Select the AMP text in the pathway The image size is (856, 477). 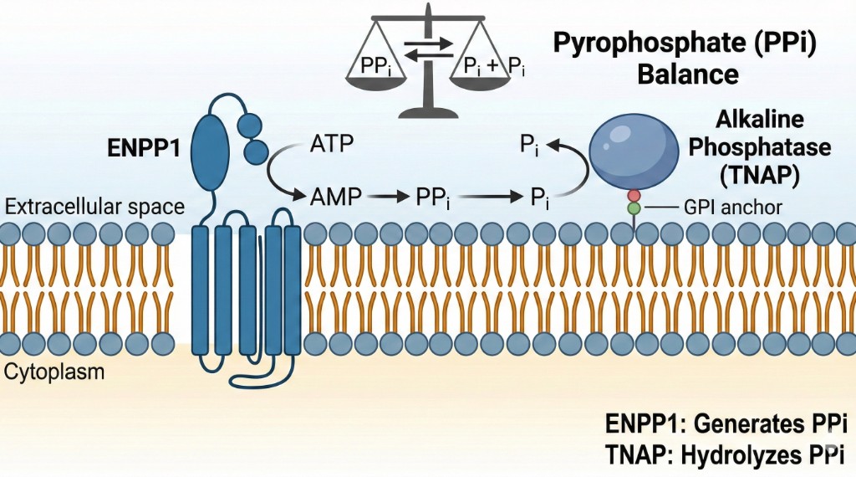point(336,197)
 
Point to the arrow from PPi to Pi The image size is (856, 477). point(485,198)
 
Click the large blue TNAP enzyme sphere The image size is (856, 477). point(635,146)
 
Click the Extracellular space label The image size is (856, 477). point(93,205)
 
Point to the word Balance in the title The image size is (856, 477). point(687,74)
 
